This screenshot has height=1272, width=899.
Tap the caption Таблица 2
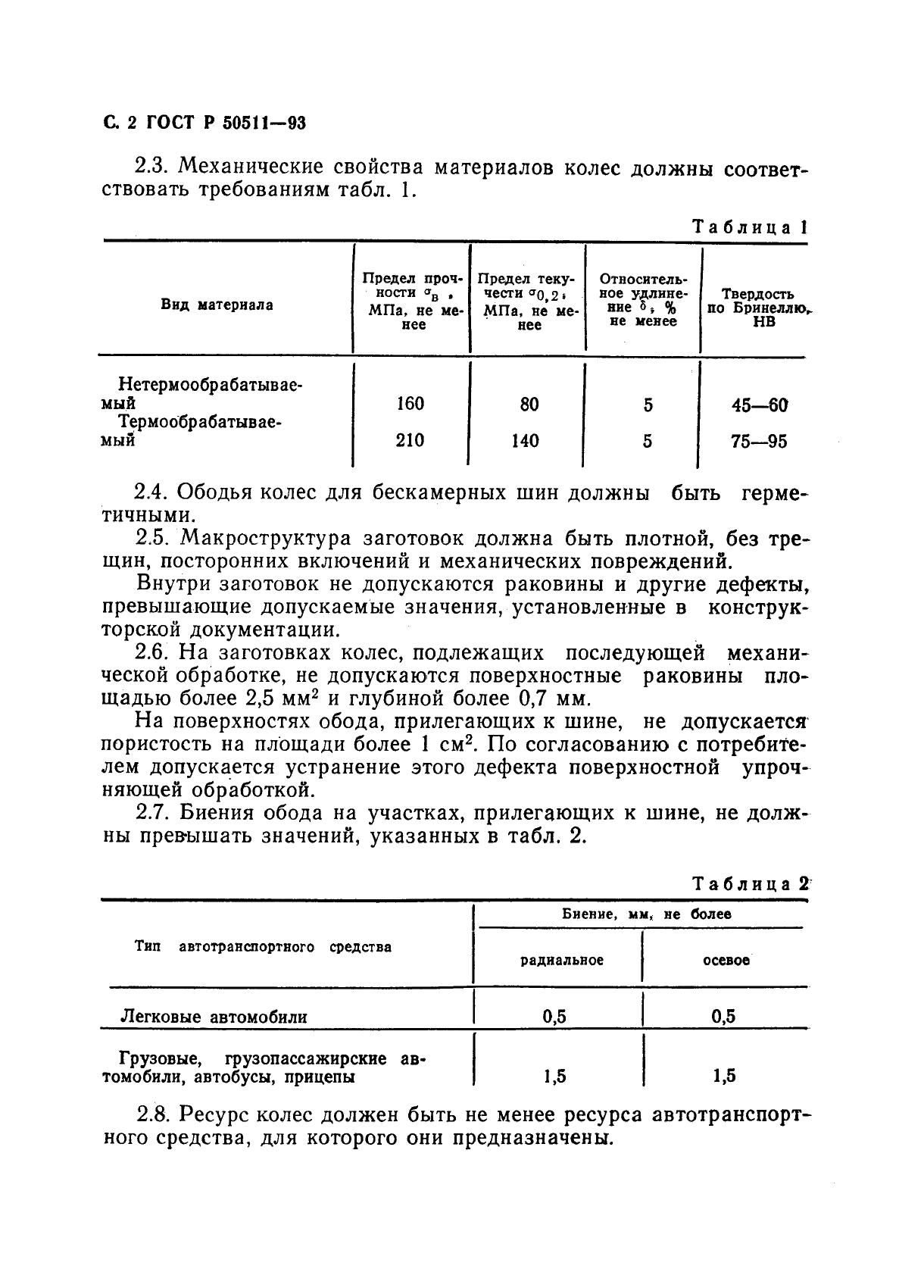[750, 883]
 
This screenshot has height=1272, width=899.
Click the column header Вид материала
[217, 305]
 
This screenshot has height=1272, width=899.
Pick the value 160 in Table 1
[410, 404]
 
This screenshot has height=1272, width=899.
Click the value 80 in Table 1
[529, 405]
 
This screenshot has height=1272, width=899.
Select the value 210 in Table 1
[410, 440]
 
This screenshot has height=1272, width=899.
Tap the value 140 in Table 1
[525, 440]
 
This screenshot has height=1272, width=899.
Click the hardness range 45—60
[758, 405]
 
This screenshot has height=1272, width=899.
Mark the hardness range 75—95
[758, 441]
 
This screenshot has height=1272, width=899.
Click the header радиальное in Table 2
[562, 960]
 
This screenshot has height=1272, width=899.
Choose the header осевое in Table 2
[726, 960]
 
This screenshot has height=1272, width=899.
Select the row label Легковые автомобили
[214, 1017]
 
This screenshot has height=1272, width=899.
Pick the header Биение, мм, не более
[647, 914]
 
